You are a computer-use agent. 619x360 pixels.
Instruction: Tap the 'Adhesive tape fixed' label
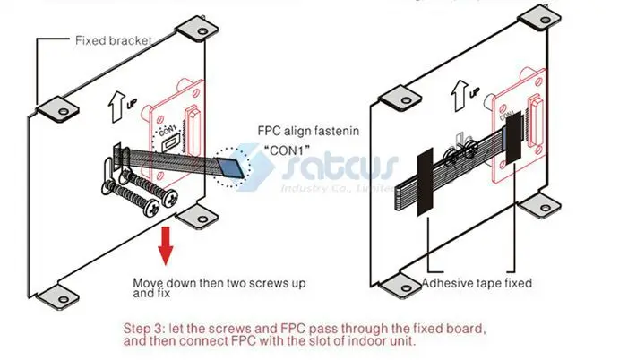(x=477, y=283)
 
